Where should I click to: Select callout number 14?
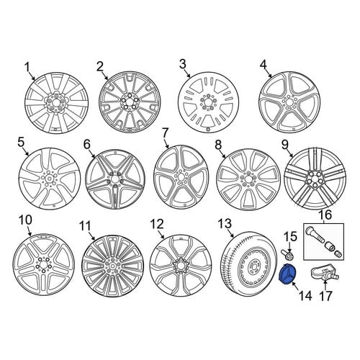click(x=305, y=296)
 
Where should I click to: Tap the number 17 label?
click(x=325, y=296)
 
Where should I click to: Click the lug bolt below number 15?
click(x=288, y=254)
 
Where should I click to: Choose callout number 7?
click(x=165, y=134)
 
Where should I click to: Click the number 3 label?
click(x=183, y=64)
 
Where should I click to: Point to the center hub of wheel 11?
click(x=113, y=266)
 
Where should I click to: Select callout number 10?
click(x=25, y=220)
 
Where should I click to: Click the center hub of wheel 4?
click(x=289, y=102)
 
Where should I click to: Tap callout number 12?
click(x=157, y=224)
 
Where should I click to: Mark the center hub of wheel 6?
click(x=115, y=179)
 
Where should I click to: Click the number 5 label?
click(x=21, y=142)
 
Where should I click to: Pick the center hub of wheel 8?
click(x=248, y=179)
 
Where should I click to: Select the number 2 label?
click(x=100, y=66)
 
